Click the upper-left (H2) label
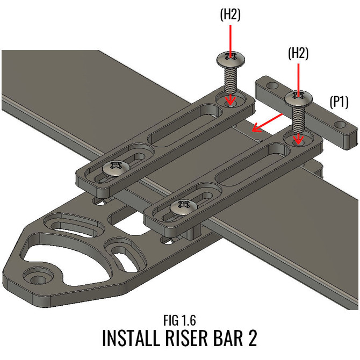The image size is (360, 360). pos(231,16)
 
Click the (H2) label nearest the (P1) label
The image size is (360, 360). pos(299,54)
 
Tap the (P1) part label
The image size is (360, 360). pos(340,102)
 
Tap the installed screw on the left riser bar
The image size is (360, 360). pos(114,168)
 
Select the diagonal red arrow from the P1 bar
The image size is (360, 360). pos(268,123)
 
